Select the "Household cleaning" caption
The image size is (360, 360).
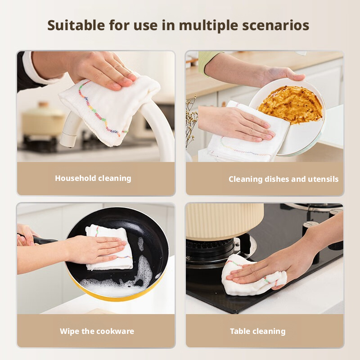(x=93, y=178)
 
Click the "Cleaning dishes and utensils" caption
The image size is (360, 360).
(x=283, y=179)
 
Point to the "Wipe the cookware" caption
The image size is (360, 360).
(x=97, y=331)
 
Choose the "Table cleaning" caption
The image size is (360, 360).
(x=257, y=331)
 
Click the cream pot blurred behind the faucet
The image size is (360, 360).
(x=43, y=119)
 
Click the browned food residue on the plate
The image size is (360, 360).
(x=290, y=104)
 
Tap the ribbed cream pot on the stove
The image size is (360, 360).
(x=224, y=220)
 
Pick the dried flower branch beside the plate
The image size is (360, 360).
(x=191, y=121)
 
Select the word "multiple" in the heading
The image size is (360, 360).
(x=208, y=26)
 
